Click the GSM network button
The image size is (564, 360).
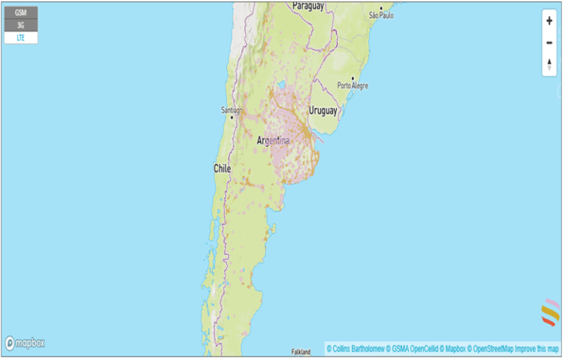tap(21, 12)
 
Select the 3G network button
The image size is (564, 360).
tap(21, 25)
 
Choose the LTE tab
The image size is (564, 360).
tap(21, 37)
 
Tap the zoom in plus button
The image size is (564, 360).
tap(549, 21)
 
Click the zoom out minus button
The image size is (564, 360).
tap(549, 43)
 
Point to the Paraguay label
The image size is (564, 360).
tap(308, 6)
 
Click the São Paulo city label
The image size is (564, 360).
tap(381, 15)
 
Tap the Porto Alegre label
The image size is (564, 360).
tap(353, 86)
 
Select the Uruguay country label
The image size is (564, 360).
tap(322, 111)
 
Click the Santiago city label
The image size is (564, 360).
tap(231, 110)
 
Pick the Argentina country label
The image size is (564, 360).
tap(273, 140)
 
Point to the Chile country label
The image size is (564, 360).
tap(222, 168)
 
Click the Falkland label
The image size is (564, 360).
tap(301, 352)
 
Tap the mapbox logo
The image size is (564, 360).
tap(25, 343)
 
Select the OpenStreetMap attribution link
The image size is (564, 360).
tap(491, 348)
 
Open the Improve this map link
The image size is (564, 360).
tap(538, 348)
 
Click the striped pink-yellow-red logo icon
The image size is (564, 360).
tap(550, 312)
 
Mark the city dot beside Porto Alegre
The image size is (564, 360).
tap(353, 78)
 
